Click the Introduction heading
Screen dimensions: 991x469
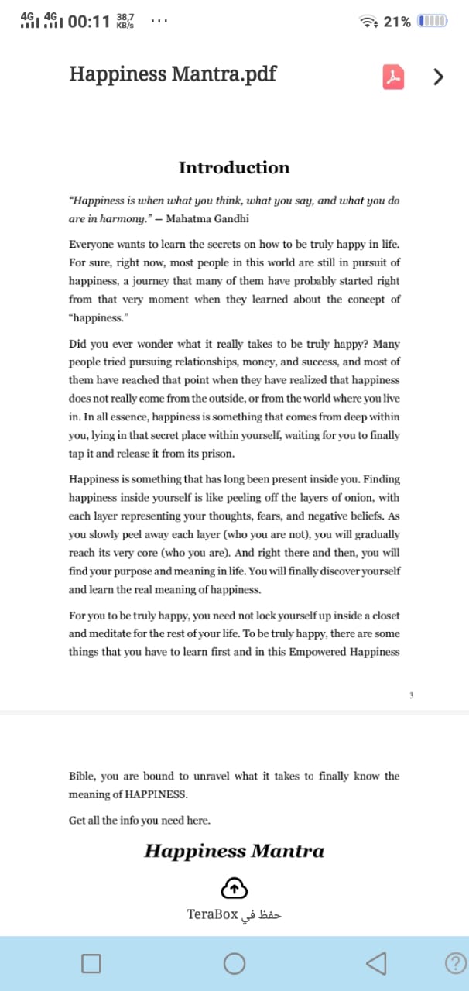pyautogui.click(x=234, y=168)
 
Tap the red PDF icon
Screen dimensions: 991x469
pyautogui.click(x=394, y=76)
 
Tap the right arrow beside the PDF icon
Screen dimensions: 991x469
pyautogui.click(x=439, y=76)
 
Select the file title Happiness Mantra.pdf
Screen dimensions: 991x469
pyautogui.click(x=173, y=74)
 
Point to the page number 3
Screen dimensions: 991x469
pyautogui.click(x=411, y=694)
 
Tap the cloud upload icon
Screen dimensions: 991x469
pyautogui.click(x=234, y=886)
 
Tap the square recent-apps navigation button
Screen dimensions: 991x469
pyautogui.click(x=91, y=963)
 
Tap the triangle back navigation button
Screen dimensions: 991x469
pyautogui.click(x=376, y=962)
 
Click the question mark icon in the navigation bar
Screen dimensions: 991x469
pyautogui.click(x=457, y=963)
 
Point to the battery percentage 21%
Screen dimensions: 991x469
pyautogui.click(x=397, y=22)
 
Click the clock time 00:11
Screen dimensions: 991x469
pyautogui.click(x=89, y=22)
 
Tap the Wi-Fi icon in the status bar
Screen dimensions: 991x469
pyautogui.click(x=368, y=22)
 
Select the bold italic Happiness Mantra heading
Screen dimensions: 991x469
pyautogui.click(x=234, y=852)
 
